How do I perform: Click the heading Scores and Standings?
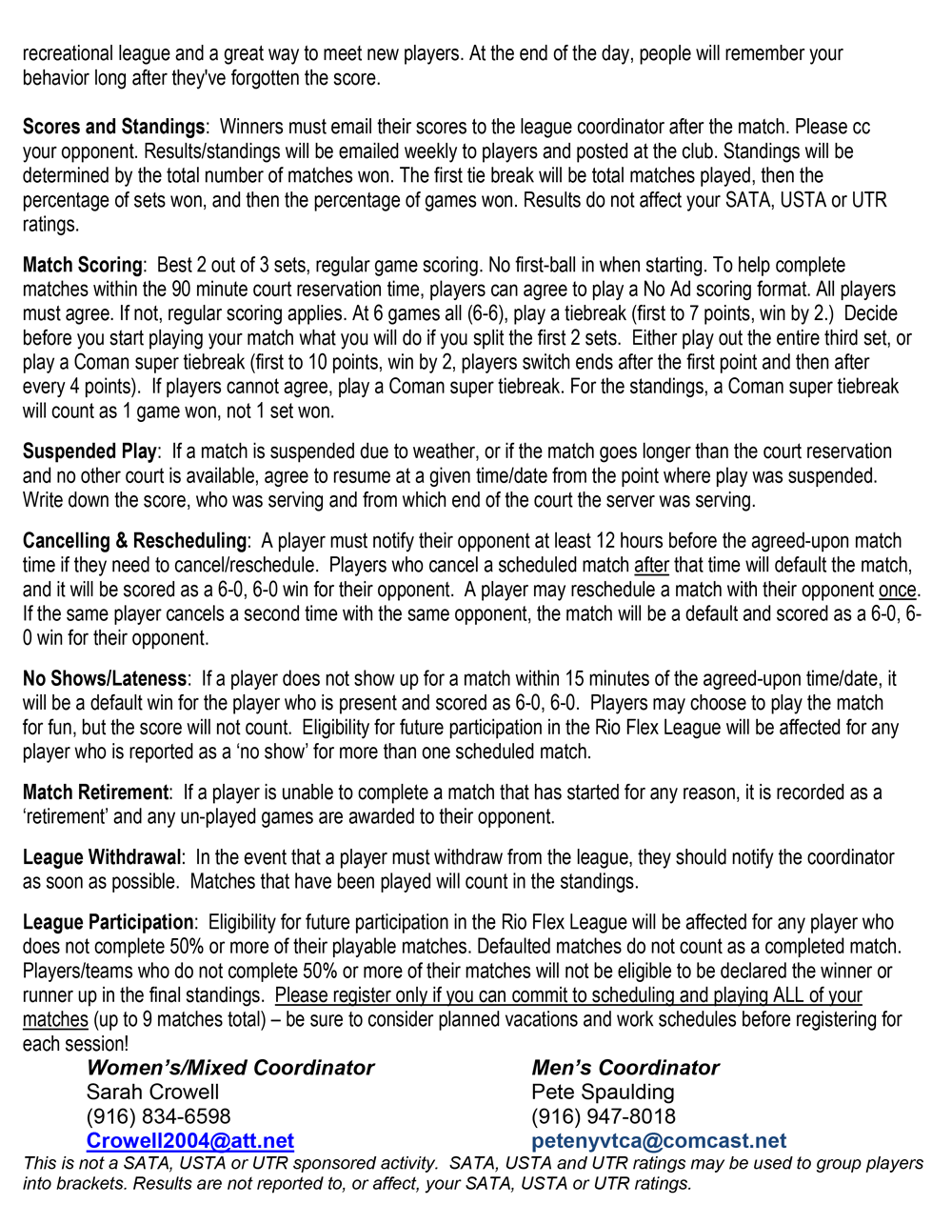[x=113, y=127]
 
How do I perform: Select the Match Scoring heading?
[x=82, y=265]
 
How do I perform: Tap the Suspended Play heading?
[x=89, y=451]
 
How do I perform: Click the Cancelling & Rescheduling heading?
[x=134, y=541]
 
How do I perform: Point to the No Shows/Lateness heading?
[x=105, y=679]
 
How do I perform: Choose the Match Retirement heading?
[x=95, y=793]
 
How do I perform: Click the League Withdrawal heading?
[x=102, y=857]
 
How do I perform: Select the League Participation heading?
[x=108, y=922]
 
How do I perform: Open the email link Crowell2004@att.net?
[x=190, y=1141]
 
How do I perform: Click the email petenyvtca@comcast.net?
[x=659, y=1141]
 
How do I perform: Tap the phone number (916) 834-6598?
[x=158, y=1116]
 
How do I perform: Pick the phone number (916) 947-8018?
[x=604, y=1116]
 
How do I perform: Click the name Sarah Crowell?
[x=152, y=1093]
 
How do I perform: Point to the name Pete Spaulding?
[x=603, y=1093]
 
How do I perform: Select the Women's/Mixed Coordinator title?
[x=229, y=1068]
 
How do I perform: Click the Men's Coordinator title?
[x=625, y=1068]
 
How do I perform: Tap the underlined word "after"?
[x=651, y=566]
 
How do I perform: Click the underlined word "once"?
[x=897, y=590]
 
